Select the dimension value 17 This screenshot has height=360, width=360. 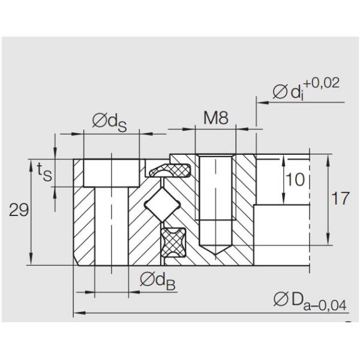tap(340, 199)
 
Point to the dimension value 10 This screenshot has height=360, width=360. tap(295, 179)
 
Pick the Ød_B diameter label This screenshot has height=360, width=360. tap(157, 280)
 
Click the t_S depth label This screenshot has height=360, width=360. tap(43, 173)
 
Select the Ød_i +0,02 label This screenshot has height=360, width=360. tap(305, 89)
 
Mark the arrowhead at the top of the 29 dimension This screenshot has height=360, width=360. tap(30, 163)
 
